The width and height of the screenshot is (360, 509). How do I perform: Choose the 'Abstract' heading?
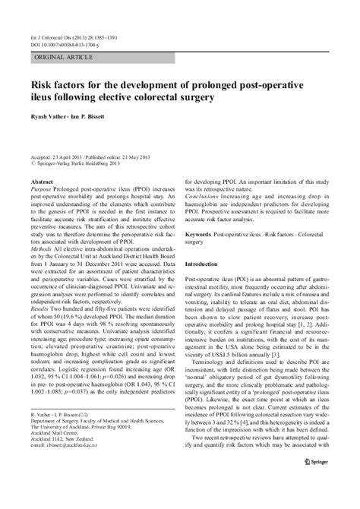[42, 183]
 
